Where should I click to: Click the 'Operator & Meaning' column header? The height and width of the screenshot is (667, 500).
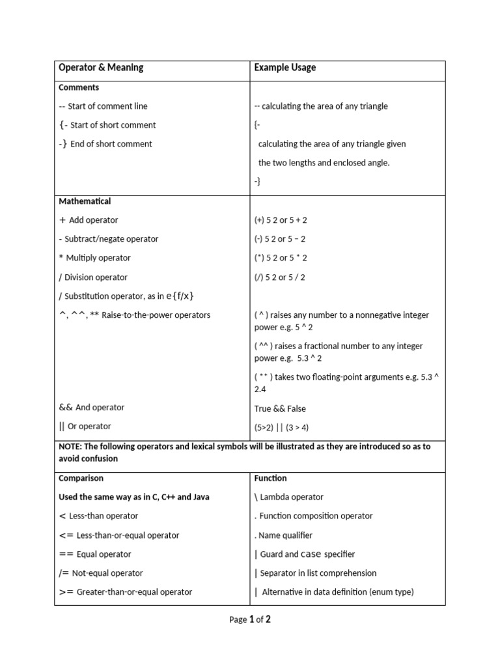101,68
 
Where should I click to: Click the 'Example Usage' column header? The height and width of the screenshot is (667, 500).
285,68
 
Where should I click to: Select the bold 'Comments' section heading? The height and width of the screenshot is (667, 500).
79,87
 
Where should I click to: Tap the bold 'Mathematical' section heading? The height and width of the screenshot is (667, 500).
85,201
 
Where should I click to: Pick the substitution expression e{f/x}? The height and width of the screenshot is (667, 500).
180,296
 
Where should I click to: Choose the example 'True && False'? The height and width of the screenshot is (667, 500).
280,409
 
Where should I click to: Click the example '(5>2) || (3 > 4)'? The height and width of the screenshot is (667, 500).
281,428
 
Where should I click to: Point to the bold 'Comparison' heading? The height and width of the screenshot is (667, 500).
81,478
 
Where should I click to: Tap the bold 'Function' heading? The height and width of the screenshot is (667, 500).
270,478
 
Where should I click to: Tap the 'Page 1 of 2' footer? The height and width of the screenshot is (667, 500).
250,619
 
